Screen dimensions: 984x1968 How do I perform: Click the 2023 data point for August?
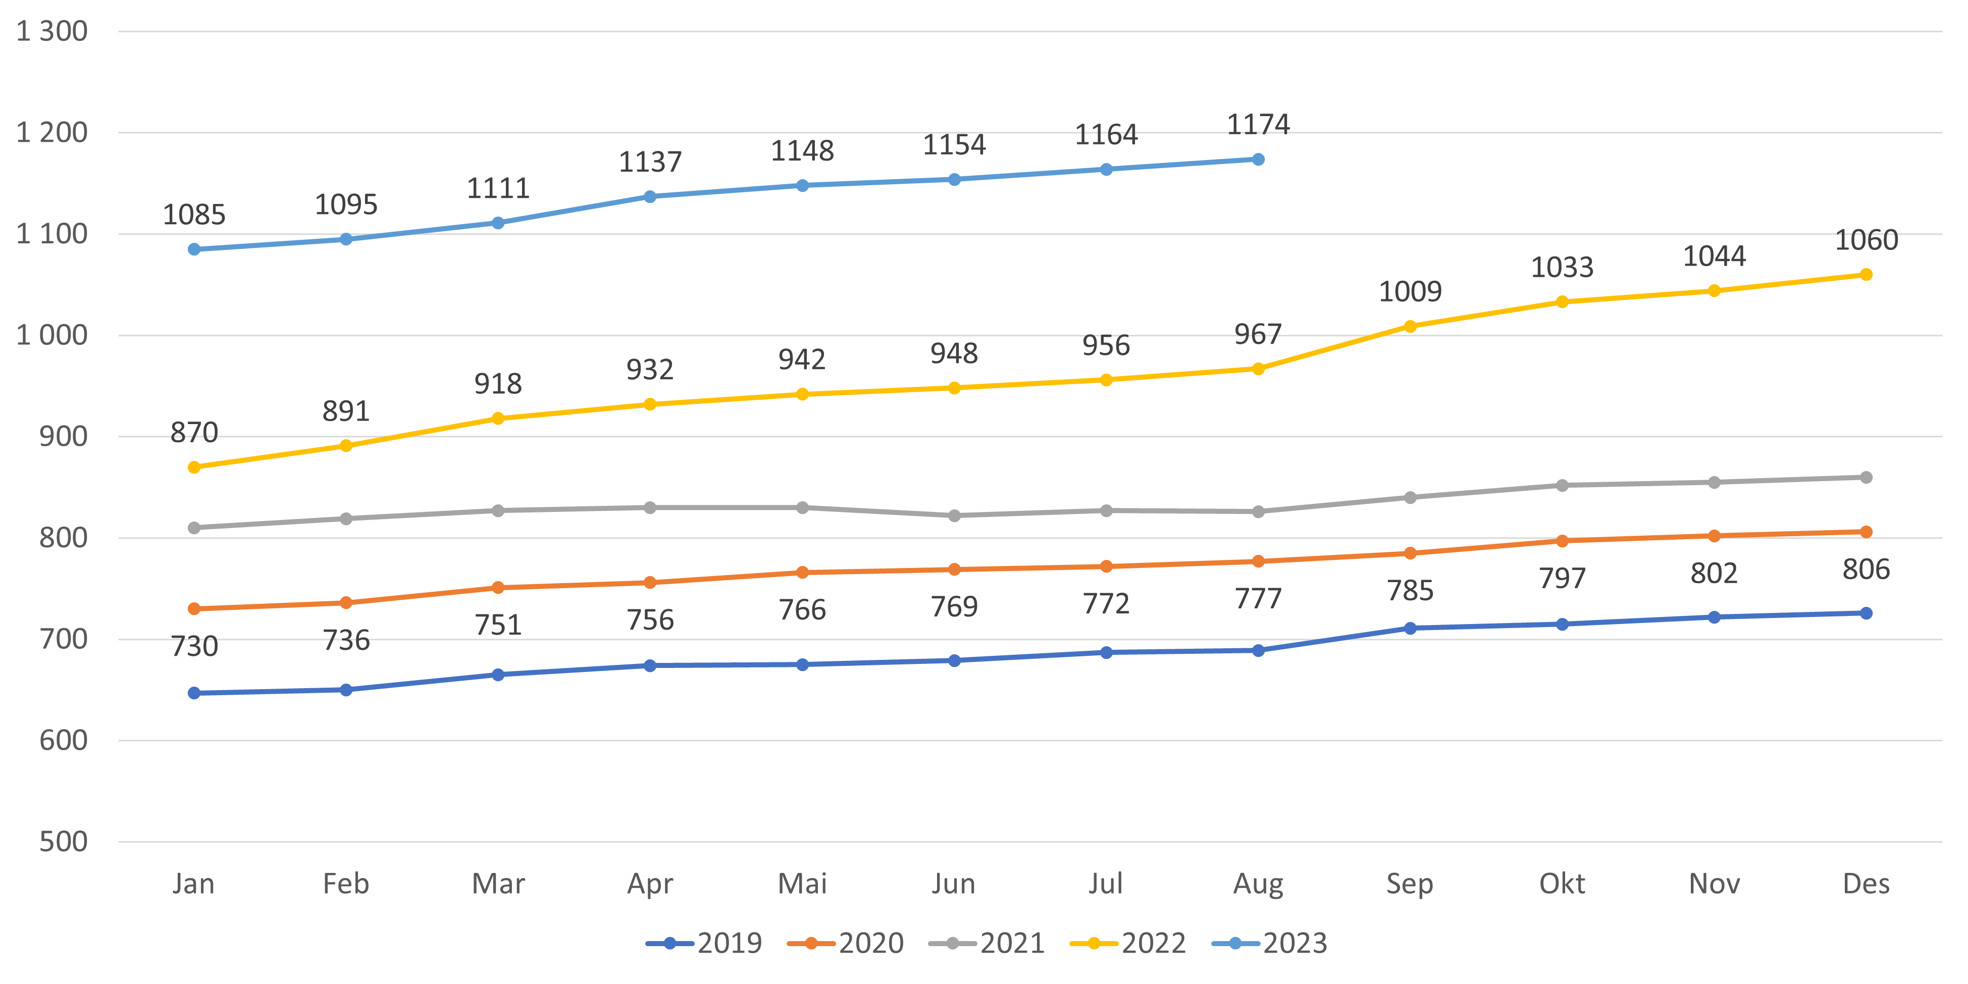point(1258,159)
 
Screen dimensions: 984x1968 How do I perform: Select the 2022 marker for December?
point(1866,274)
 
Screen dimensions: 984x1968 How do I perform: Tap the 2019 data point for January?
point(194,693)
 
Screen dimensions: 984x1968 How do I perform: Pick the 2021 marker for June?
point(954,515)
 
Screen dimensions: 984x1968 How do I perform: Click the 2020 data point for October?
point(1562,541)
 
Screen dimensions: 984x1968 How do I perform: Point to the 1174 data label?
point(1258,124)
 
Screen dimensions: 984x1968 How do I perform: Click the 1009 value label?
point(1410,291)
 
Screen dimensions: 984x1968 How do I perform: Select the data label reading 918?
point(498,384)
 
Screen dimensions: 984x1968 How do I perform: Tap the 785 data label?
point(1410,591)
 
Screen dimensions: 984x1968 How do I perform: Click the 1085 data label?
point(194,215)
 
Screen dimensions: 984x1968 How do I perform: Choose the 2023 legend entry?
point(1270,944)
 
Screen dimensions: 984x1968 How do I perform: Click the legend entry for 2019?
point(704,944)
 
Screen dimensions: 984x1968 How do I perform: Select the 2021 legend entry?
point(987,944)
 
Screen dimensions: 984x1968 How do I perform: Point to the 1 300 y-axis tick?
point(52,31)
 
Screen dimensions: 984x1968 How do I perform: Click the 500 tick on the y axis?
point(64,842)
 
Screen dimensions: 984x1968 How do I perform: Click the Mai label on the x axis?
point(802,884)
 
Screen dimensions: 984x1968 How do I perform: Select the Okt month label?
point(1562,884)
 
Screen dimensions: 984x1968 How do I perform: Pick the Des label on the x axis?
point(1866,884)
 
